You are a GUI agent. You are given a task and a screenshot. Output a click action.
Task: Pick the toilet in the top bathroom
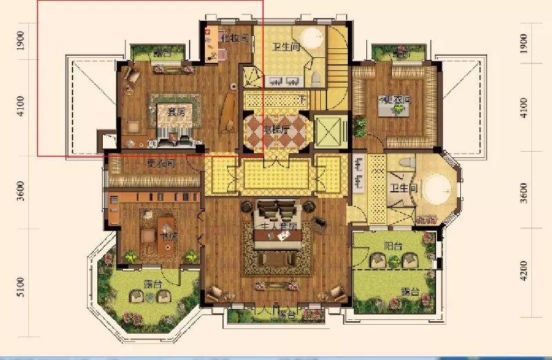point(315,77)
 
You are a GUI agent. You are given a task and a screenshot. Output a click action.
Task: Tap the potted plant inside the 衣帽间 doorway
point(359,126)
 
